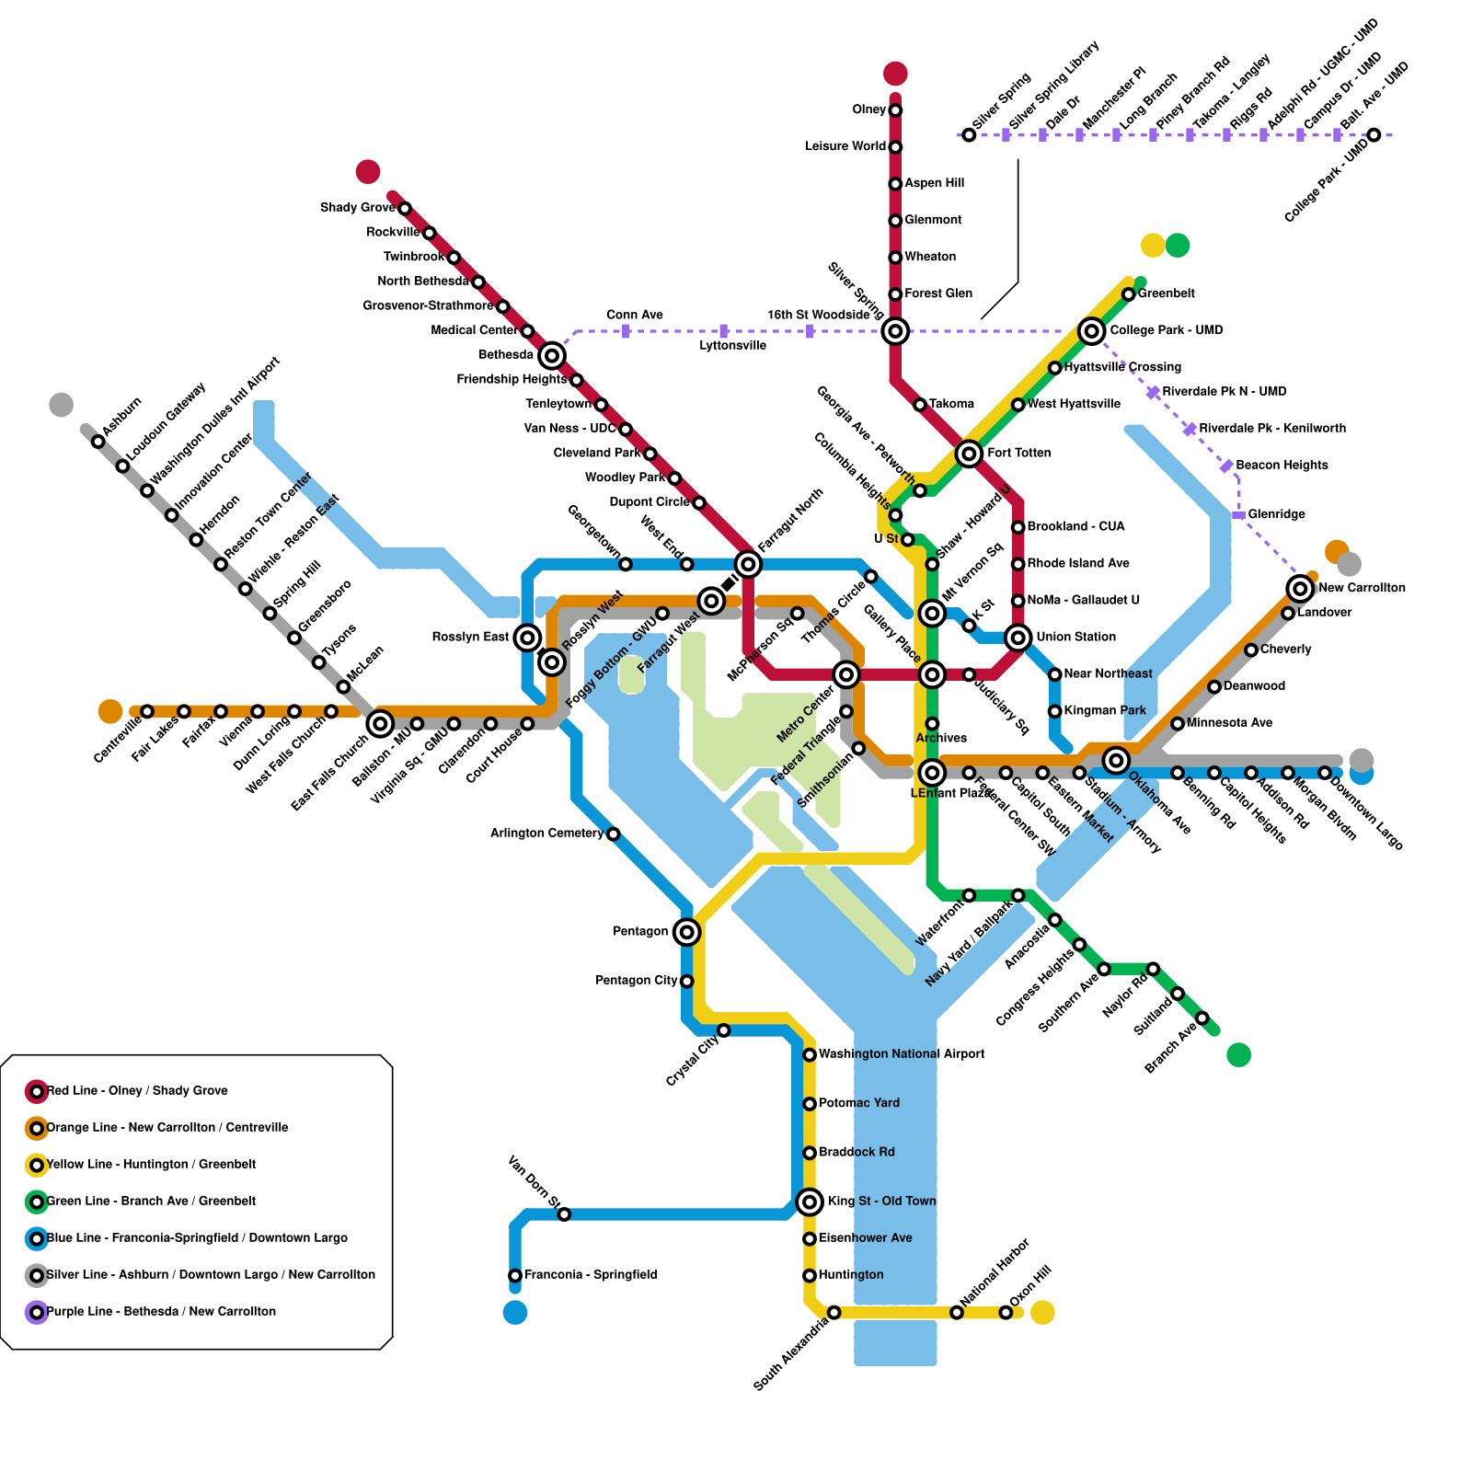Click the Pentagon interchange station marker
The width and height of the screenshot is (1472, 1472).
(x=686, y=932)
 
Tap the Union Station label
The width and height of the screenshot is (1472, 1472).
(x=1075, y=637)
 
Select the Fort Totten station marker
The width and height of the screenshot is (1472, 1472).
(x=969, y=453)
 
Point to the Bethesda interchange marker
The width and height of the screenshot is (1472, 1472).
(x=552, y=355)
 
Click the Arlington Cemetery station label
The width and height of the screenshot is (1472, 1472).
(x=546, y=834)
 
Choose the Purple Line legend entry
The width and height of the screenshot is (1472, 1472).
(x=161, y=1311)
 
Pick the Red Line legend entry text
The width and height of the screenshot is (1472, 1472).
(x=137, y=1090)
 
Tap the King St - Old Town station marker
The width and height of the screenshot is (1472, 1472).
(x=810, y=1201)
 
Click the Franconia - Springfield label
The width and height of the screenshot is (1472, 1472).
(x=591, y=1274)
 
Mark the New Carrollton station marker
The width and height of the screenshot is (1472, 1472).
(x=1300, y=588)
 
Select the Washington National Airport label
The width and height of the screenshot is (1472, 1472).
(x=902, y=1053)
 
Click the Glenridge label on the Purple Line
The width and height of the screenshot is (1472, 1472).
(x=1276, y=514)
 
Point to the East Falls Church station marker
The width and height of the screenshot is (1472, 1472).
(x=380, y=724)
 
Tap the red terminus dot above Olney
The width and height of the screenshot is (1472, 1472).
(x=895, y=74)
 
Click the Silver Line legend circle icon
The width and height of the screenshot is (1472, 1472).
(x=37, y=1275)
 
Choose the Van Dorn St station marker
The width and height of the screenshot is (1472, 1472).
(x=564, y=1214)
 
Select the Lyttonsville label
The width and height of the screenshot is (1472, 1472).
(x=732, y=346)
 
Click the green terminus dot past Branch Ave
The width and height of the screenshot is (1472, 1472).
(x=1238, y=1054)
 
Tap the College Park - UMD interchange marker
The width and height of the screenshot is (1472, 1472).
(x=1091, y=331)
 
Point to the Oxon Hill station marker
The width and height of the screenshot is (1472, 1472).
(x=1006, y=1312)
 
